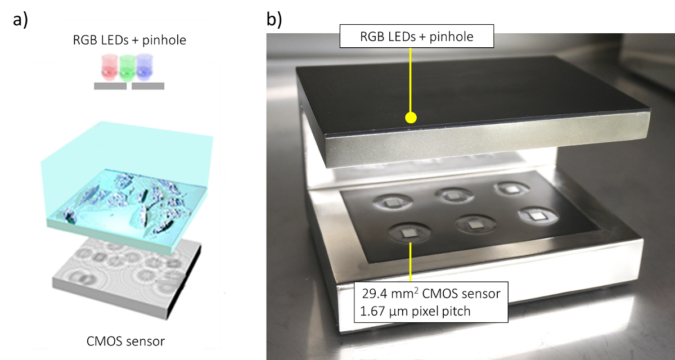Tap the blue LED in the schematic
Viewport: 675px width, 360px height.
point(147,67)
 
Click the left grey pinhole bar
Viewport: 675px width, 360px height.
point(110,87)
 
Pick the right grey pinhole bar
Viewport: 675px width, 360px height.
point(148,87)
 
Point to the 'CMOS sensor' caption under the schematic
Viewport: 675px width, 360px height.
point(126,341)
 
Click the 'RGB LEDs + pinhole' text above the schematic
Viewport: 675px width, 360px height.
point(129,40)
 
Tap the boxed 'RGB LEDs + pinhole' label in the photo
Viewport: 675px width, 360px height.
point(417,37)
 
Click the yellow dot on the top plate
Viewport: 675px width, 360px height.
point(411,118)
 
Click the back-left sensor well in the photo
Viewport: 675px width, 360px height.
point(391,200)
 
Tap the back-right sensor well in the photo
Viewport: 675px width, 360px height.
point(510,189)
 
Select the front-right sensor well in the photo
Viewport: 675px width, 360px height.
point(537,216)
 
